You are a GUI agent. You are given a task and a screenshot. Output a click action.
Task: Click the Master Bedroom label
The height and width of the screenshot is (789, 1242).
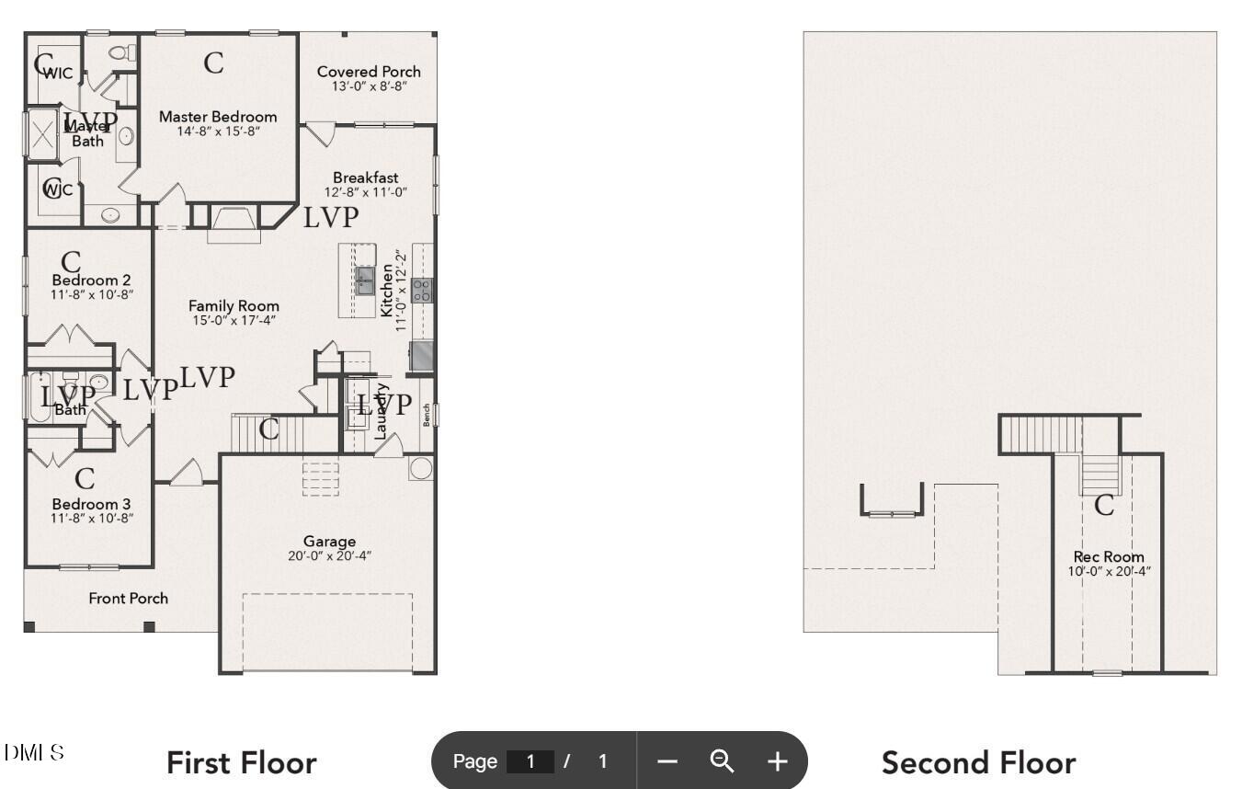click(217, 117)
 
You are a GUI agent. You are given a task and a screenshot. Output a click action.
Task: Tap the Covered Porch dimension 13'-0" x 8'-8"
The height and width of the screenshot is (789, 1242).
click(369, 86)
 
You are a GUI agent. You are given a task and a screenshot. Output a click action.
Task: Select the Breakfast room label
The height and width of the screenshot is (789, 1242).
click(365, 177)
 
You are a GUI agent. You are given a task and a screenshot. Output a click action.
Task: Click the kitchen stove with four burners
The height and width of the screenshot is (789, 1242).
click(422, 291)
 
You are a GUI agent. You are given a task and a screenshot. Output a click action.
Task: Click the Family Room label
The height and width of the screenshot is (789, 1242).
click(234, 306)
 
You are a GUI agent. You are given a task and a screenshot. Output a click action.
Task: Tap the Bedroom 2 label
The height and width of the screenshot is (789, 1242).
click(90, 280)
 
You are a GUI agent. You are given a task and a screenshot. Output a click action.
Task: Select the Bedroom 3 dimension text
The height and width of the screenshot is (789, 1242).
click(92, 518)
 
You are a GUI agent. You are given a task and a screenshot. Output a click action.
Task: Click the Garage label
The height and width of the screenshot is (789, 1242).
click(329, 541)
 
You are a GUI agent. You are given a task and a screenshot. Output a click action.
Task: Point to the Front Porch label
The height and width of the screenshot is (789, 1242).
click(128, 599)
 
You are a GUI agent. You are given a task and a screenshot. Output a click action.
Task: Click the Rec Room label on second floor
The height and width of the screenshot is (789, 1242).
click(1109, 556)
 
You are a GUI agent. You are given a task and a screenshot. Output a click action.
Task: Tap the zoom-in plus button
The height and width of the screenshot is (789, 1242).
click(778, 761)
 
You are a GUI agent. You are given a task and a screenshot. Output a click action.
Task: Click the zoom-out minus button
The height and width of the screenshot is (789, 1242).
click(668, 761)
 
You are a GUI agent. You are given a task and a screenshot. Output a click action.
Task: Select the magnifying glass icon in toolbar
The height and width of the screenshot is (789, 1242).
click(723, 761)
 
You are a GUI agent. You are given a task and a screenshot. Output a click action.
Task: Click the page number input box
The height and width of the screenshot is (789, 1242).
click(530, 761)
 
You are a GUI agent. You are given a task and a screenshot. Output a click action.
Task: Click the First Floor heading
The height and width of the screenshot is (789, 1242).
click(241, 763)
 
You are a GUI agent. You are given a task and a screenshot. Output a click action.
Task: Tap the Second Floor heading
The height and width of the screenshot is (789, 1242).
click(978, 763)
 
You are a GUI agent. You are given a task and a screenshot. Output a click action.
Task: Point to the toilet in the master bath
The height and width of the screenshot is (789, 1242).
click(118, 52)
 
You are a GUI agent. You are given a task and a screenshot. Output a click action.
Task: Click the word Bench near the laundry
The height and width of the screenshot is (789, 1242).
click(427, 416)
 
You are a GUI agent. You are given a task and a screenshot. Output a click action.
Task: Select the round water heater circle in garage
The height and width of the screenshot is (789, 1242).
click(420, 467)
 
